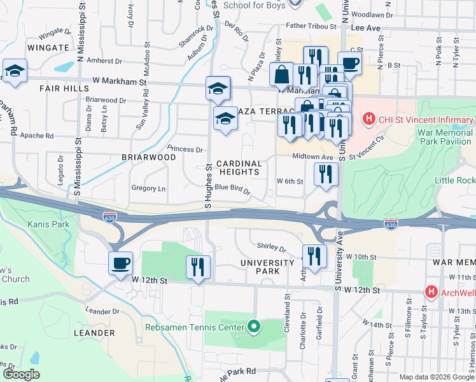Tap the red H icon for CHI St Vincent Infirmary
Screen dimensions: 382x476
[368, 119]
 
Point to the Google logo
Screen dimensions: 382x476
[21, 374]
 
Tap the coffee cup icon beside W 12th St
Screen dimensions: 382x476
[120, 263]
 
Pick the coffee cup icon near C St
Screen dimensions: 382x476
[349, 62]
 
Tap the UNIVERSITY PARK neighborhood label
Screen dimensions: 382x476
[260, 267]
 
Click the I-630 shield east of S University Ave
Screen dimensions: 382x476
[391, 225]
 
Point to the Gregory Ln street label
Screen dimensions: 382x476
[148, 188]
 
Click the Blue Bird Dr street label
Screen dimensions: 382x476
[232, 187]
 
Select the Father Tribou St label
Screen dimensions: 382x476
[302, 27]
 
